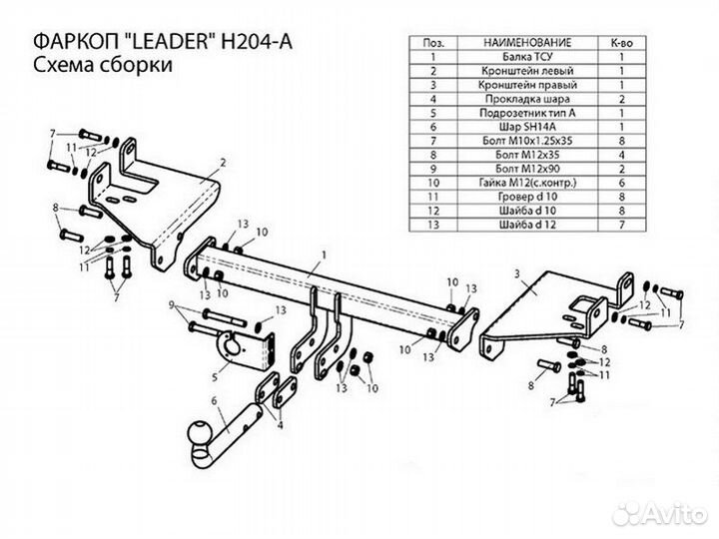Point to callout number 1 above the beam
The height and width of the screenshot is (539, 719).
tap(311, 257)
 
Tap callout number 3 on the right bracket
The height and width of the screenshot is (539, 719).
tap(516, 272)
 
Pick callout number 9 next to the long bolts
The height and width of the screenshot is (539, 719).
tap(171, 304)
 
